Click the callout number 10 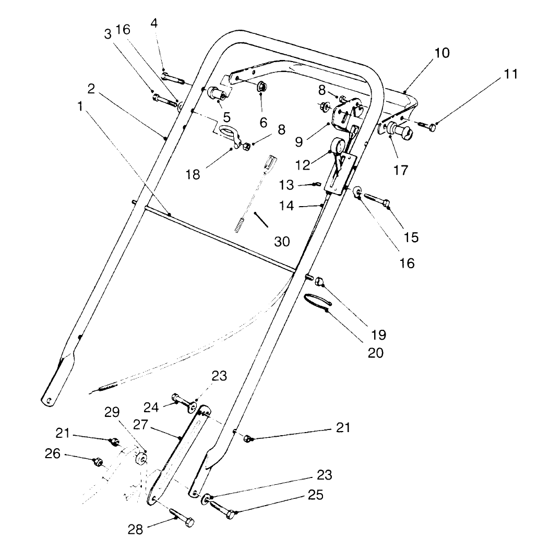point(441,53)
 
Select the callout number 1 point(79,106)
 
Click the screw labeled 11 point(425,126)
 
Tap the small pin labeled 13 point(316,184)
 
